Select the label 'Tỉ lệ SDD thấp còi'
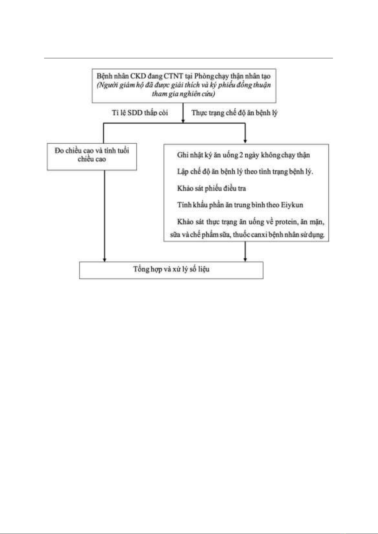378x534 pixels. [140, 113]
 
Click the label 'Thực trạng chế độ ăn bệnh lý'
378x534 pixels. [234, 113]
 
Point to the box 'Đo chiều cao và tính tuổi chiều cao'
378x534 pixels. [92, 157]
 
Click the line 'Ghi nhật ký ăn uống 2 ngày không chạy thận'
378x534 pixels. [244, 155]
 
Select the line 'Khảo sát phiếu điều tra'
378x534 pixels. [211, 188]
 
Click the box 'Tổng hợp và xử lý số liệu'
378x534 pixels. [171, 270]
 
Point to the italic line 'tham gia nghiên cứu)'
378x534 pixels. [183, 94]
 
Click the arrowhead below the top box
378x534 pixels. [183, 121]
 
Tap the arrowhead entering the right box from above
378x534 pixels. [245, 141]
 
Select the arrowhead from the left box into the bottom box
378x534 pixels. [104, 260]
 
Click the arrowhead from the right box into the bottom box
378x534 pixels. [245, 260]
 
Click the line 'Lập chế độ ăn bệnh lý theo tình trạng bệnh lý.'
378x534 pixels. [245, 172]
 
